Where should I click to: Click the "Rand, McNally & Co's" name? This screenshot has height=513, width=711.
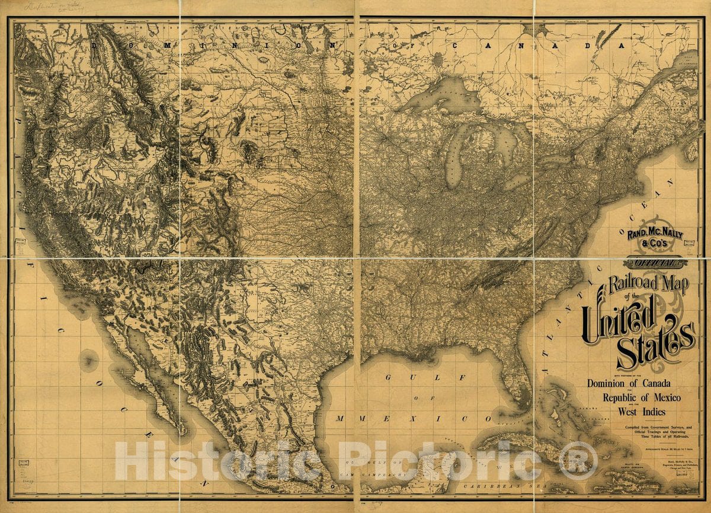tap(655, 238)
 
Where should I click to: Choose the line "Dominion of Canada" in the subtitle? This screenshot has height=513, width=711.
tap(629, 383)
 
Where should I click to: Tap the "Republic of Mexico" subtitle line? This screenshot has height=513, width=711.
tap(642, 397)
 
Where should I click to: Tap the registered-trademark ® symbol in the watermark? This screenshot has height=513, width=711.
tap(578, 461)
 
